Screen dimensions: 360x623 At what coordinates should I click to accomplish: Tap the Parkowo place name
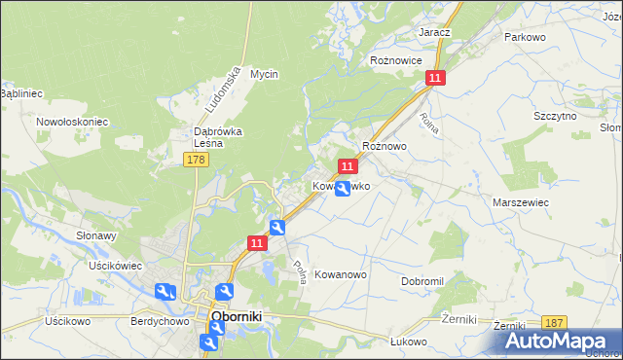click(x=523, y=36)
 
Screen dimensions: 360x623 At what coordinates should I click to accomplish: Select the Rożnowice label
click(x=396, y=60)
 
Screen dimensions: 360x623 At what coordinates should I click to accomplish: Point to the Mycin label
click(x=264, y=74)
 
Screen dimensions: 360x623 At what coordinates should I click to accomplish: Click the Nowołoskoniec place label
click(x=71, y=122)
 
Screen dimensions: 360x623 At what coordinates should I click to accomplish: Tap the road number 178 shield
click(x=195, y=159)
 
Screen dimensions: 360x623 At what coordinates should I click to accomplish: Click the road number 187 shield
click(x=554, y=323)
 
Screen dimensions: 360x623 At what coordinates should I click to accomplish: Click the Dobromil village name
click(x=422, y=281)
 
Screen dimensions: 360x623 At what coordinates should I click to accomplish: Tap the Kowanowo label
click(x=341, y=275)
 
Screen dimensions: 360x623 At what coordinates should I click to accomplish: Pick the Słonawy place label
click(x=96, y=236)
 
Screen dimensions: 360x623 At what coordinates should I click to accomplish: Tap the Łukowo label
click(x=410, y=341)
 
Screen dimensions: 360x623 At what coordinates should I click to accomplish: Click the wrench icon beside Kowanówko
click(x=343, y=190)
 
